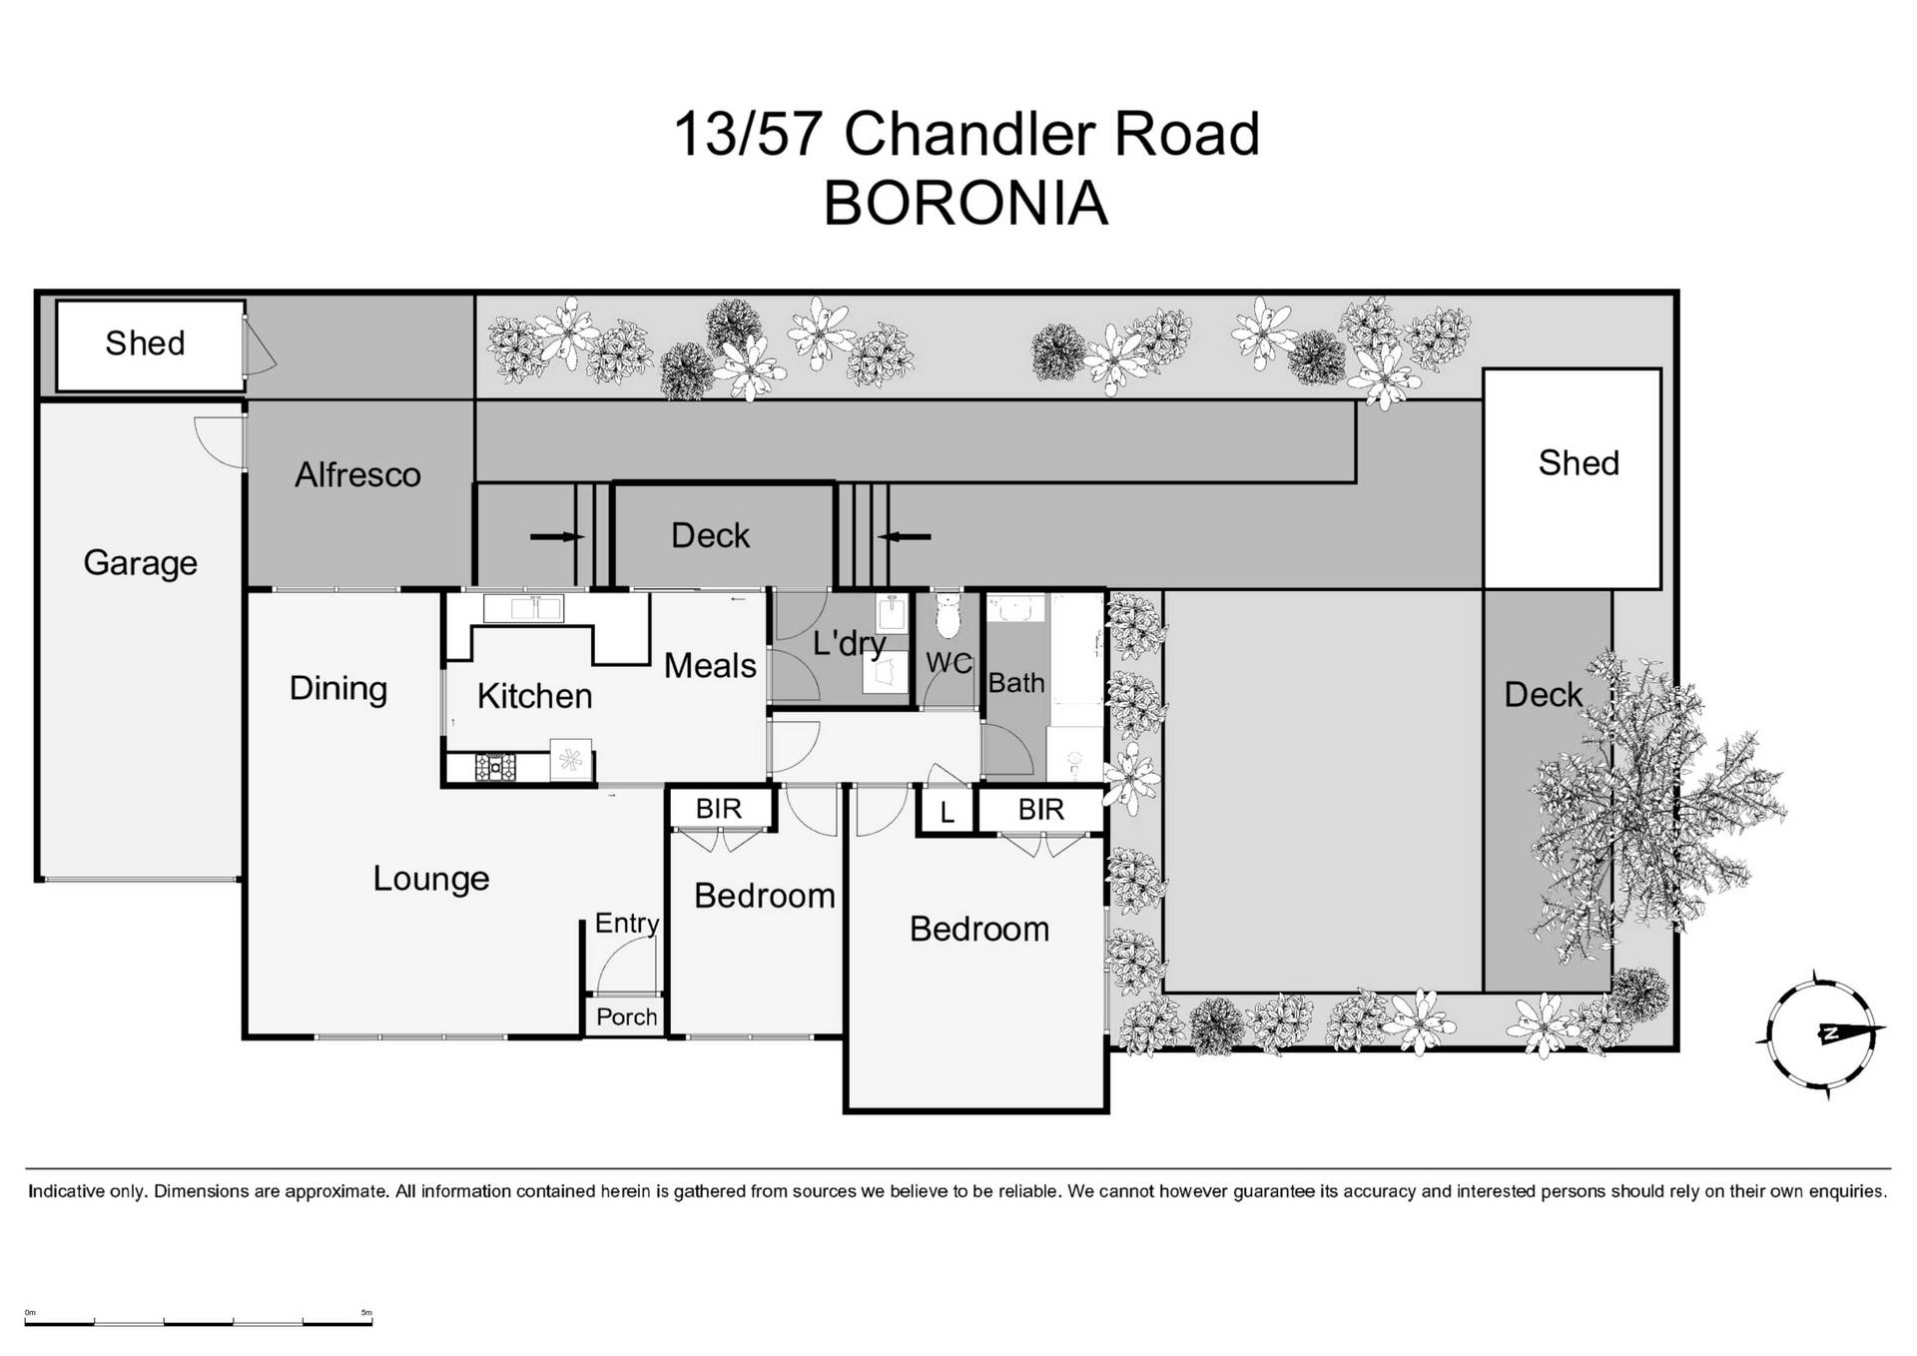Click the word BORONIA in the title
pyautogui.click(x=964, y=204)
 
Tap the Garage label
pyautogui.click(x=140, y=563)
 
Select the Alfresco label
pyautogui.click(x=357, y=475)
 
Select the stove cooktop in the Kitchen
pyautogui.click(x=495, y=767)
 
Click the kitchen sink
pyautogui.click(x=523, y=606)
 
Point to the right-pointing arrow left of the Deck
pyautogui.click(x=556, y=537)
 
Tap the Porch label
pyautogui.click(x=626, y=1017)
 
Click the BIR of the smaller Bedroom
pyautogui.click(x=719, y=809)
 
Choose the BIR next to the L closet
pyautogui.click(x=1040, y=810)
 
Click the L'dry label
pyautogui.click(x=848, y=643)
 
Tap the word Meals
pyautogui.click(x=710, y=666)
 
